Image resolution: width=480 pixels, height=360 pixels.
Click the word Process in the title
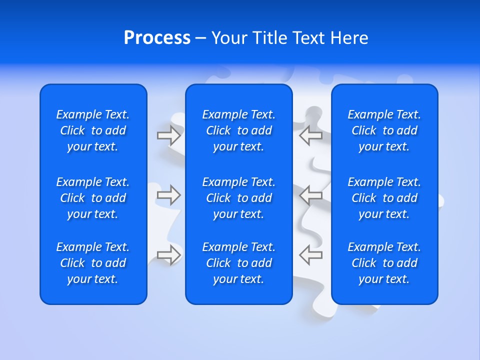[157, 38]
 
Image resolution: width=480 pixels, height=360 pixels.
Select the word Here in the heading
[349, 38]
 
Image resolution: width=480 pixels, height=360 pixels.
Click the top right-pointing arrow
[169, 135]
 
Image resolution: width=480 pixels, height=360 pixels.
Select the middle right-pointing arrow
[169, 195]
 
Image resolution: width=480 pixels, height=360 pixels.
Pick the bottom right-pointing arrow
[169, 254]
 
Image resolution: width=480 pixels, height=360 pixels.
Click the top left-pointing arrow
[310, 135]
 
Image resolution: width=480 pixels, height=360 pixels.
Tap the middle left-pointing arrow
[310, 195]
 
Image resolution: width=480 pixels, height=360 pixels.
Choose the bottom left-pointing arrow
[310, 254]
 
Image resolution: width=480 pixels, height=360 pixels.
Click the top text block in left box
[93, 130]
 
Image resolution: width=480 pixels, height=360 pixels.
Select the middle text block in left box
[93, 198]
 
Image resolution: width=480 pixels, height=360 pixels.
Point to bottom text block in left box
[93, 263]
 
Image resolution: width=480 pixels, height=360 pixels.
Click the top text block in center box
[238, 130]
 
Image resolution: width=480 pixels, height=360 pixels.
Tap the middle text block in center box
[238, 198]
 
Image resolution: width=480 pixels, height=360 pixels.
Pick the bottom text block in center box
[238, 263]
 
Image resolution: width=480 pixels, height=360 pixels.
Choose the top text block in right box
[384, 130]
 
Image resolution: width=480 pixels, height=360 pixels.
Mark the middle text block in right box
[384, 198]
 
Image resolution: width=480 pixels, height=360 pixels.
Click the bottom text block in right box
[384, 263]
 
